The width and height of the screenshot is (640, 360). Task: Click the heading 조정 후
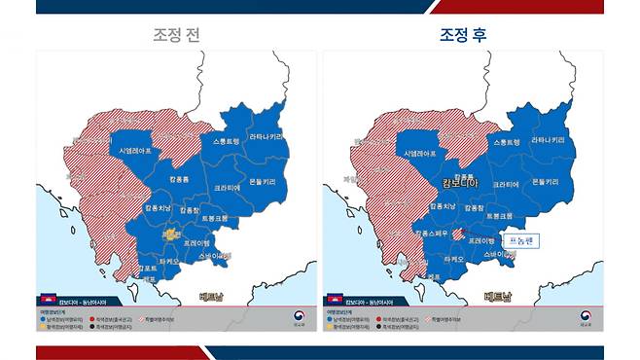(x=462, y=35)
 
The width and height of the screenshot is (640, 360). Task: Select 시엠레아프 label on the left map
(x=135, y=152)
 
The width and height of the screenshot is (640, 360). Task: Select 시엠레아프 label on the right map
(x=420, y=152)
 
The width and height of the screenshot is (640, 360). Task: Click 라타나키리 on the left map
(x=267, y=138)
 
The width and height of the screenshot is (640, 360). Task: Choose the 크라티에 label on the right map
(x=507, y=184)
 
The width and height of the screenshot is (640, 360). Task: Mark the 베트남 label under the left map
(x=212, y=298)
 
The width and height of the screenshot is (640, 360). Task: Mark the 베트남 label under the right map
(x=498, y=298)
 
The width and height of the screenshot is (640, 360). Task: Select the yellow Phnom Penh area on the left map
(x=170, y=234)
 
